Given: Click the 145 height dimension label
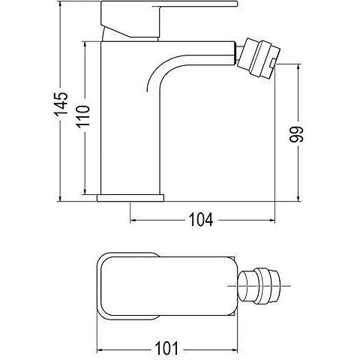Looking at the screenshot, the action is click(61, 104).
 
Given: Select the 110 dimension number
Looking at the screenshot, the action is click(83, 117).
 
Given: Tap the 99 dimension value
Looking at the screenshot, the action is click(296, 134).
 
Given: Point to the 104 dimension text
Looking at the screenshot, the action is click(201, 220).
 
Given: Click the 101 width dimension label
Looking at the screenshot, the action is click(166, 348).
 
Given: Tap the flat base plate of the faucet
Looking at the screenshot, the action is click(130, 198).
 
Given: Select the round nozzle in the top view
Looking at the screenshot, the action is click(259, 286).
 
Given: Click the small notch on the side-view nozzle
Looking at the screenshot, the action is click(273, 64).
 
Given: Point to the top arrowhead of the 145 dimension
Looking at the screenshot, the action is click(60, 4).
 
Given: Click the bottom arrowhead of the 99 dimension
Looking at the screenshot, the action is click(298, 197).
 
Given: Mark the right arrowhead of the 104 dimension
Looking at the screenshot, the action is click(271, 220).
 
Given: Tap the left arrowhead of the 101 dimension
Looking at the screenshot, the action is click(100, 349).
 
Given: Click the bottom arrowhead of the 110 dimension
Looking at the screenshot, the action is click(85, 190).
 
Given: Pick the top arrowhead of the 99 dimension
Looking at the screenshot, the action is click(298, 67).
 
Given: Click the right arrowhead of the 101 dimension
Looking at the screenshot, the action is click(233, 349).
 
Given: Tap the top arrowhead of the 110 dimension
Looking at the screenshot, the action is click(85, 45).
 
